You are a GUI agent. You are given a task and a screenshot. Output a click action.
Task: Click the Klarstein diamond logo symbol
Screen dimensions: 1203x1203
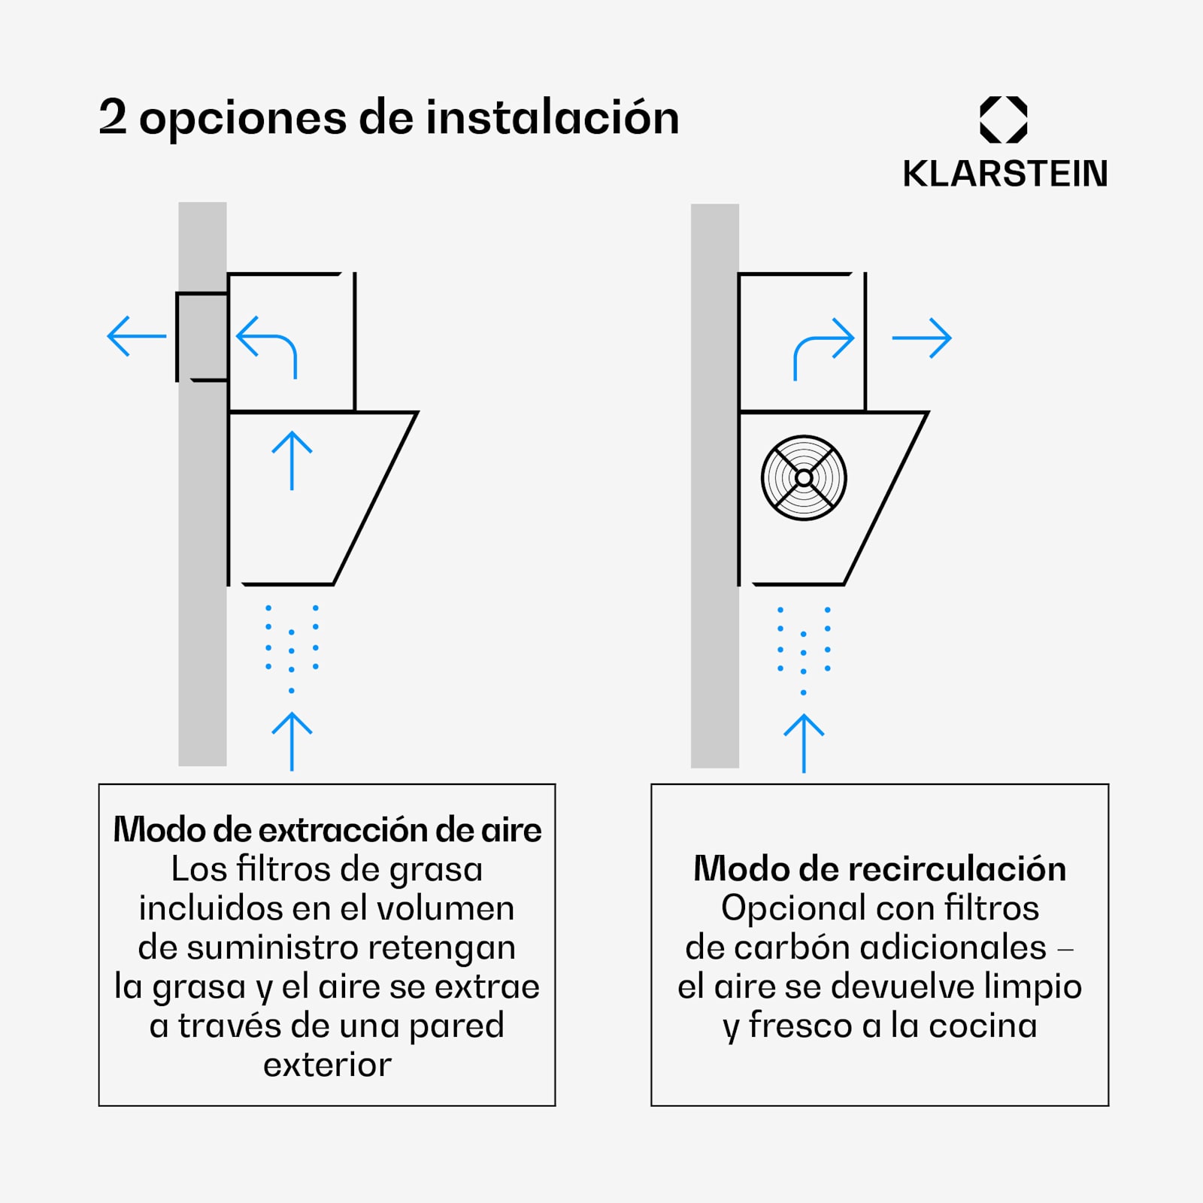point(1004,120)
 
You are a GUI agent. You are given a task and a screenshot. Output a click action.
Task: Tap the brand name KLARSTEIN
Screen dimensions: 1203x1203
point(1005,174)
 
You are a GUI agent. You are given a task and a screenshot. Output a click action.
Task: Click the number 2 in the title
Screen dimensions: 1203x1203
point(113,117)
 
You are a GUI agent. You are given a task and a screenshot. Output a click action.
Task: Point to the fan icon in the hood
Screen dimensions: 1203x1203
point(804,477)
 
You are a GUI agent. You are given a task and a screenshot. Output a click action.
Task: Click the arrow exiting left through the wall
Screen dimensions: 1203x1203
point(137,336)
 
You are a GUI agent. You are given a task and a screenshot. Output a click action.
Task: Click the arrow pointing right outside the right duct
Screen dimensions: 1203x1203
point(922,338)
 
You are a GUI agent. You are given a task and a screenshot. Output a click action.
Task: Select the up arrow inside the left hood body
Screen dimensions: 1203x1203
point(292,461)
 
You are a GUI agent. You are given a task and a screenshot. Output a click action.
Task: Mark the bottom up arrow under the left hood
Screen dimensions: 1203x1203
point(292,741)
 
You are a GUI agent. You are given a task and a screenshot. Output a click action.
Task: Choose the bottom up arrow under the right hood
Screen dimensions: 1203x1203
point(804,743)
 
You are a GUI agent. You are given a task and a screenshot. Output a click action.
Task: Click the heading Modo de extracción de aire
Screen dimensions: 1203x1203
point(327,830)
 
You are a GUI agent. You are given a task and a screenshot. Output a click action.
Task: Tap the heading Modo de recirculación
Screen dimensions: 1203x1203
point(880,869)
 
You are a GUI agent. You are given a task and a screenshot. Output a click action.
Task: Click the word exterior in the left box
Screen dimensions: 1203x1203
point(327,1065)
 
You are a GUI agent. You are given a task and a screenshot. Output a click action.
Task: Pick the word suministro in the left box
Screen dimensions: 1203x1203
point(272,947)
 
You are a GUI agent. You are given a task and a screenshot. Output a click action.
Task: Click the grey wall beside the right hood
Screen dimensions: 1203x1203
point(715,486)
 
